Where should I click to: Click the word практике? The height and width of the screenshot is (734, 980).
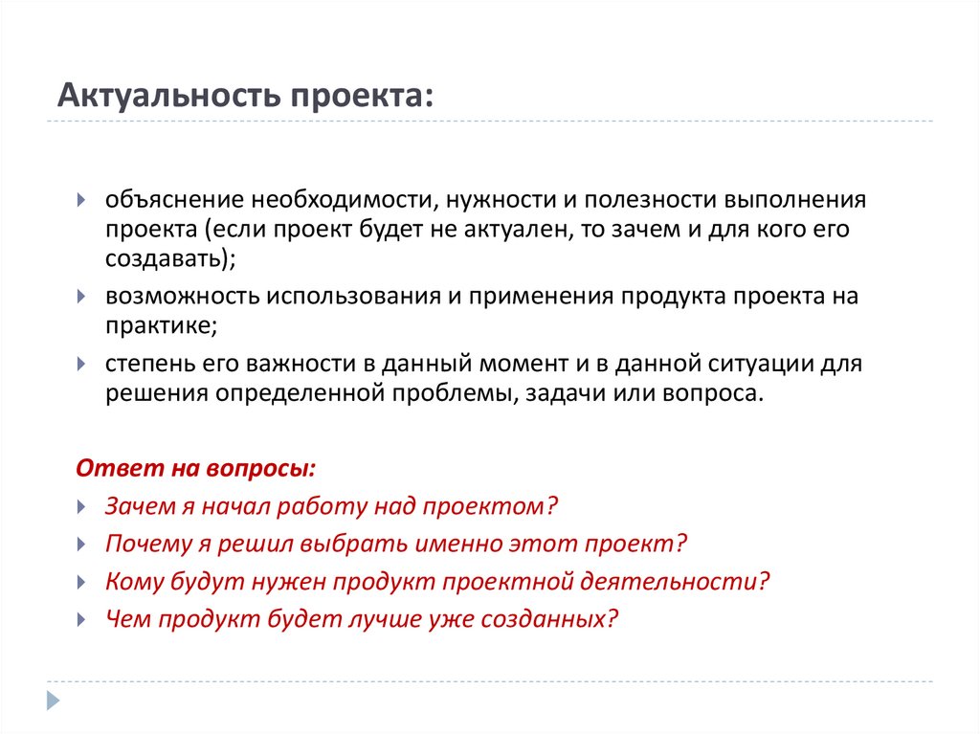(159, 324)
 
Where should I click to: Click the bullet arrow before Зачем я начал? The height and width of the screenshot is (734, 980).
(83, 507)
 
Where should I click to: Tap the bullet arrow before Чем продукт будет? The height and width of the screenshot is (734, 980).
(83, 619)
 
